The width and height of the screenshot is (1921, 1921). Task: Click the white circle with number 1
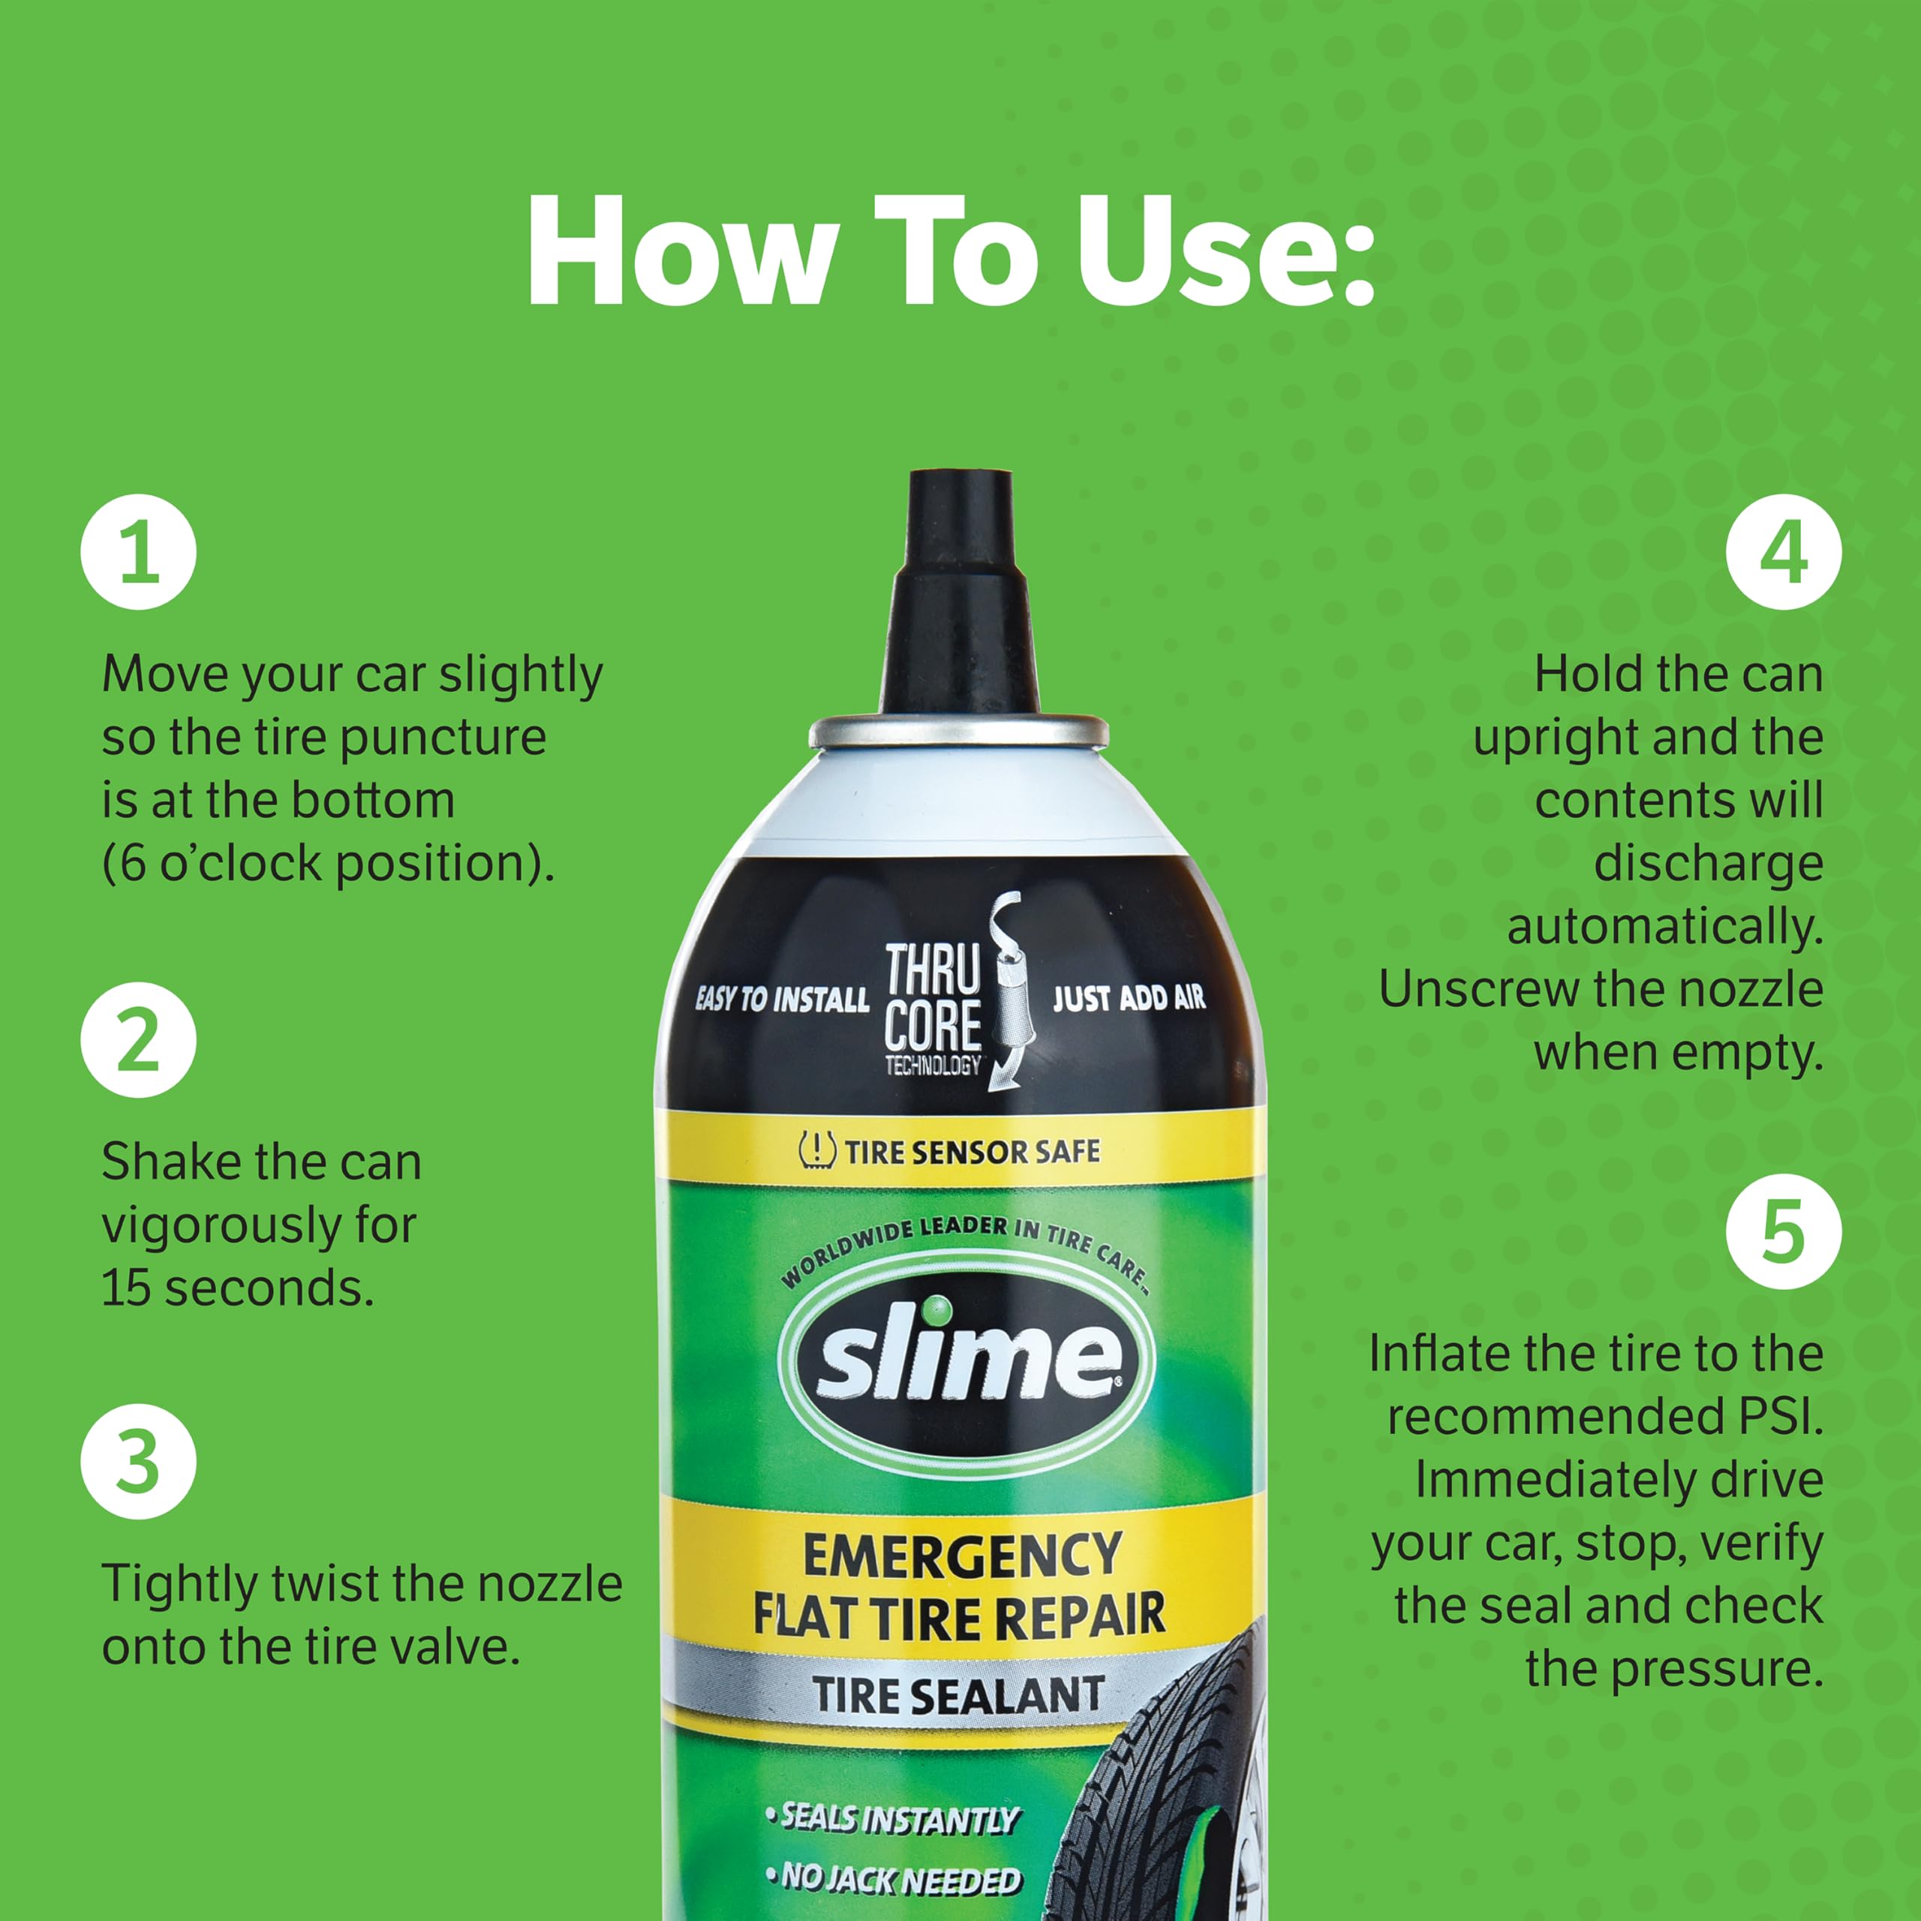pos(138,552)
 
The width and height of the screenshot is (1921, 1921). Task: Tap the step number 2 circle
pos(138,1040)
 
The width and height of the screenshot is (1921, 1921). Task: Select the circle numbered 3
pos(138,1462)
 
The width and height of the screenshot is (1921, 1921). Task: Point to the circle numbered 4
pos(1784,552)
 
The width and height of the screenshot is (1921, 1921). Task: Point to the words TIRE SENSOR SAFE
pos(972,1151)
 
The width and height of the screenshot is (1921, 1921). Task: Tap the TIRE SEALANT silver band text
pos(958,1695)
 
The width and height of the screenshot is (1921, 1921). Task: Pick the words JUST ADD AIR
pos(1129,997)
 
